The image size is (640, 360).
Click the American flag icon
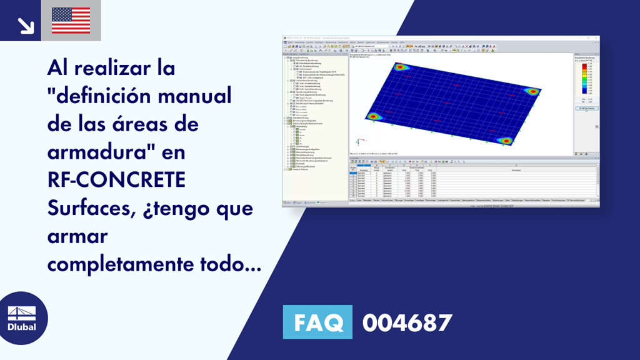(71, 21)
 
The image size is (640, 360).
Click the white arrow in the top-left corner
(26, 24)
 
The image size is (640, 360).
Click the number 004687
(407, 322)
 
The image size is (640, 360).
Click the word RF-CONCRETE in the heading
(116, 179)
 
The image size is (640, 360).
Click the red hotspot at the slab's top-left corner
(401, 67)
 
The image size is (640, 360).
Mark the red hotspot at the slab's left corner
(373, 116)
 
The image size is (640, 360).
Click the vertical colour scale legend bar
(584, 78)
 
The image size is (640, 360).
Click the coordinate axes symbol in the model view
(357, 142)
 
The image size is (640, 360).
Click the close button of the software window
(597, 39)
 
